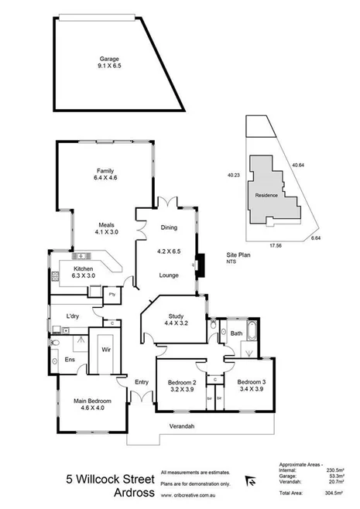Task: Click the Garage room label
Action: [x=109, y=59]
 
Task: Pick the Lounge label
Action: [x=169, y=275]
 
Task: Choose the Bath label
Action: [x=238, y=335]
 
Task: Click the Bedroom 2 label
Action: [x=183, y=383]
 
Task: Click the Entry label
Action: [x=142, y=381]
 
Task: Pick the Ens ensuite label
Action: [x=69, y=360]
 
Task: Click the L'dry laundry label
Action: [x=74, y=317]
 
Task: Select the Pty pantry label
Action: [x=112, y=294]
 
